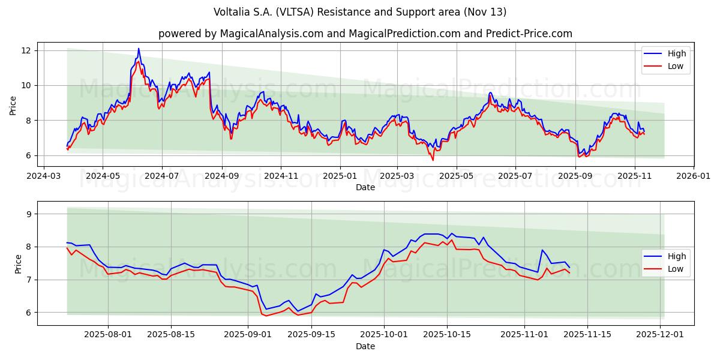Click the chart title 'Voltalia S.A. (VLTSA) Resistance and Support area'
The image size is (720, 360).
(360, 12)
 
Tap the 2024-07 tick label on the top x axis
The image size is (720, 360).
(161, 176)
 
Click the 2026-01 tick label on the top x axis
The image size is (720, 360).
(693, 176)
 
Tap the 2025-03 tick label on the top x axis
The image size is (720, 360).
(397, 176)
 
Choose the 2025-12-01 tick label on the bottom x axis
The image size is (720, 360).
(661, 335)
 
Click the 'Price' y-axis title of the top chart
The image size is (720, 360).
(13, 106)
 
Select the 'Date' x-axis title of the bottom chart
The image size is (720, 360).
(365, 346)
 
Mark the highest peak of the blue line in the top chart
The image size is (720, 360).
(139, 49)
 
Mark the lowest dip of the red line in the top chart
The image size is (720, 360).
(433, 160)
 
